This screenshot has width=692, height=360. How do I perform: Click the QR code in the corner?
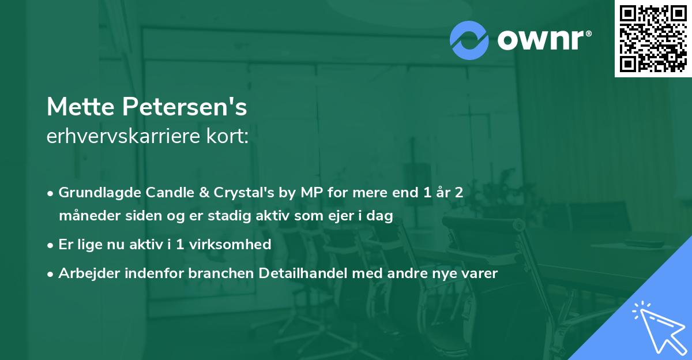point(653,39)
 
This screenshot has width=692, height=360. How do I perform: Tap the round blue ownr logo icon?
point(469,40)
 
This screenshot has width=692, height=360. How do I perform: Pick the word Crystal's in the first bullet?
point(230,193)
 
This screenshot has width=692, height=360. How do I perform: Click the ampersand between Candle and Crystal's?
point(194,193)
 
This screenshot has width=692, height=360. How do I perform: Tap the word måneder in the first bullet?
point(85,216)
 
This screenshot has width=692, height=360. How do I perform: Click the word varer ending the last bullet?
point(480,273)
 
